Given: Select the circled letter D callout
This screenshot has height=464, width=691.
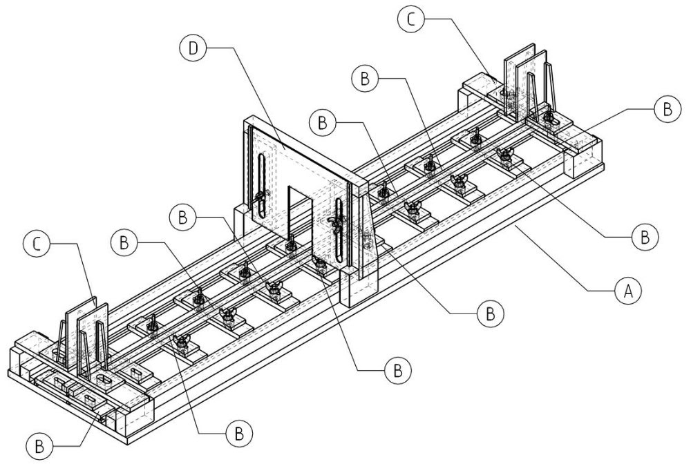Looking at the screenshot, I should pos(192,50).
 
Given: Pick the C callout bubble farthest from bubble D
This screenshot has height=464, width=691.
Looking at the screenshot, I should pos(37,243).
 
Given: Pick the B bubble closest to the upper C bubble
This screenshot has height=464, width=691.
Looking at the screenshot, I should pos(364,78).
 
